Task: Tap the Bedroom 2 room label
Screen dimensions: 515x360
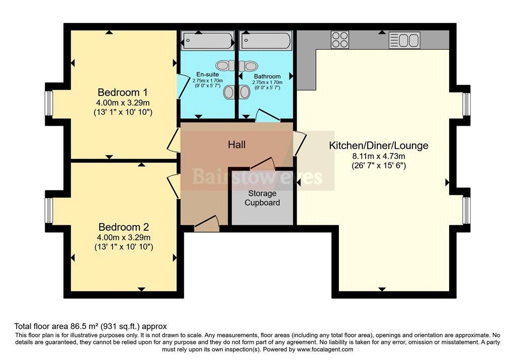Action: [124, 227]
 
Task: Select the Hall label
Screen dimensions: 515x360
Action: [236, 144]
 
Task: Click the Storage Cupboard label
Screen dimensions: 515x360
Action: [262, 198]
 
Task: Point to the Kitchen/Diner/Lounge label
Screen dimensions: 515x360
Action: [378, 145]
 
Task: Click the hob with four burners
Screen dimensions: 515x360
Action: [340, 39]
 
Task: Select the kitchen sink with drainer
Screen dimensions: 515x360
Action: [404, 40]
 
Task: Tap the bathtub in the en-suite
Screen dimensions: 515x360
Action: [208, 41]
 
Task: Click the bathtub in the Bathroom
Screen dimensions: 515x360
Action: [266, 41]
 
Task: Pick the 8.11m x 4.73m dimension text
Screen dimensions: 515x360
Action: [378, 156]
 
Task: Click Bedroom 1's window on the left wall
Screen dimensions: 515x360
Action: [49, 103]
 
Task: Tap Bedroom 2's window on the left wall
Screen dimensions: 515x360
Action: [49, 210]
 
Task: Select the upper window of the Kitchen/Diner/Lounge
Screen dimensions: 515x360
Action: [466, 104]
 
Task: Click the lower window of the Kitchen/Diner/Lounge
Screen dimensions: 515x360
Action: [466, 210]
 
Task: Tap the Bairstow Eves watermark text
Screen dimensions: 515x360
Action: [257, 176]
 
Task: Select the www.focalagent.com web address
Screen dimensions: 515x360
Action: [325, 349]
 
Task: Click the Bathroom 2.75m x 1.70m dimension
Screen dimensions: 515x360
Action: [267, 82]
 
